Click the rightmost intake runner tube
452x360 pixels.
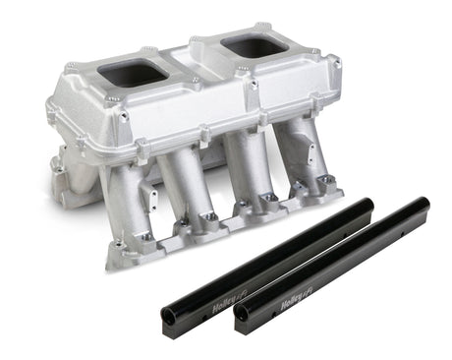pyautogui.click(x=295, y=148)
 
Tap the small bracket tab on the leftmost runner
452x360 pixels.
pyautogui.click(x=153, y=202)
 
